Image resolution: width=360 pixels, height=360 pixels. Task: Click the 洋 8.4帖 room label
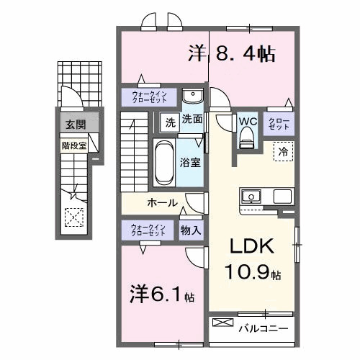tap(232, 53)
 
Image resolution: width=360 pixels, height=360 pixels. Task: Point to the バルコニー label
tap(264, 328)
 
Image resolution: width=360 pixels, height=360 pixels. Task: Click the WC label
tap(248, 120)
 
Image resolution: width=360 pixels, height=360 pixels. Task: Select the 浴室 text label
tap(191, 163)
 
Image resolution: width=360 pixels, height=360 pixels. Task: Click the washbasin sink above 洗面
tap(192, 97)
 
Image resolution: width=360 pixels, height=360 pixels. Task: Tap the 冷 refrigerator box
tap(283, 152)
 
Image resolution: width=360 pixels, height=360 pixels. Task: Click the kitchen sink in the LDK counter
tap(252, 196)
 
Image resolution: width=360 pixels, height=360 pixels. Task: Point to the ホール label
tap(163, 202)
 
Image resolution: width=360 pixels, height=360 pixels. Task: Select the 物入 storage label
tap(191, 230)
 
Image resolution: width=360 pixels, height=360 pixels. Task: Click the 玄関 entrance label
tap(75, 125)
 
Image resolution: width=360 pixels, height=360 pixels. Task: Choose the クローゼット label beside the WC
tap(279, 123)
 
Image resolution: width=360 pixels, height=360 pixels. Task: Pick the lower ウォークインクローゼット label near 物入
tap(148, 230)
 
